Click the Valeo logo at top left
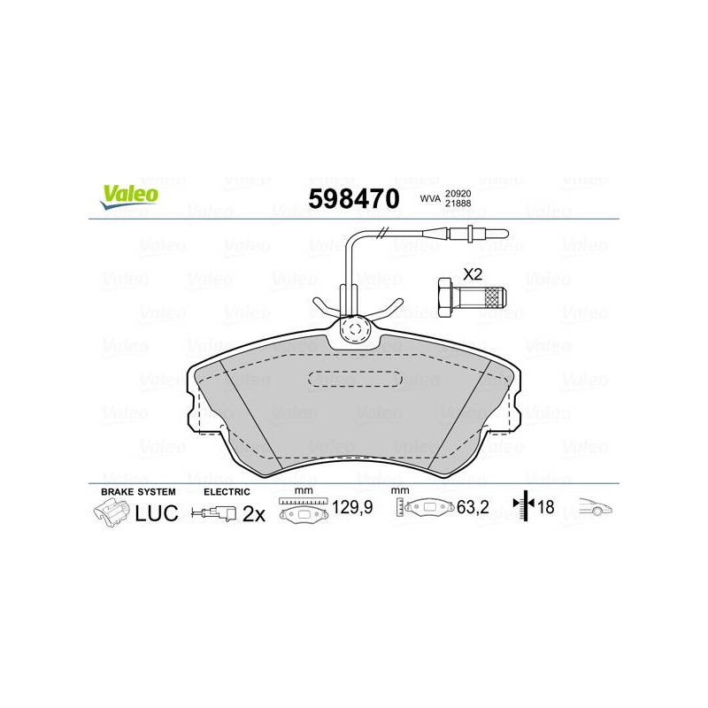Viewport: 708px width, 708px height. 129,197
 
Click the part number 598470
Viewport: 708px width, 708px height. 354,198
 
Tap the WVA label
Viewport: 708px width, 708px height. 430,198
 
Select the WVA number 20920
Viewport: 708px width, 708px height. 458,194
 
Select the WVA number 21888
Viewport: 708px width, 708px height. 458,204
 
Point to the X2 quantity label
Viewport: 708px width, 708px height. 473,274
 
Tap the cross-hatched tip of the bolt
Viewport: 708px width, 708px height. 495,296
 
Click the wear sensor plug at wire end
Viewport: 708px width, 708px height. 478,234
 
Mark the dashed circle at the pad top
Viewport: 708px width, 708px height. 354,329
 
